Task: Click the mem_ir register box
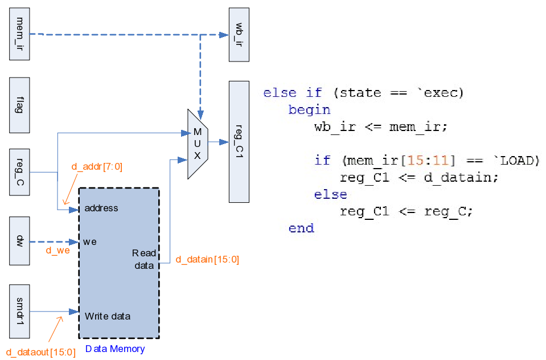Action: [20, 34]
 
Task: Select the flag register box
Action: [20, 106]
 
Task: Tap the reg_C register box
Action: [20, 172]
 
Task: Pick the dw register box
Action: [20, 241]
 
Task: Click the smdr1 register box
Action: [20, 311]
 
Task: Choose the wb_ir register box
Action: [239, 34]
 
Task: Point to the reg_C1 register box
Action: [239, 141]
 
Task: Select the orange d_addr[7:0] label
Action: [97, 167]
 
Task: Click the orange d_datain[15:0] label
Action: [207, 260]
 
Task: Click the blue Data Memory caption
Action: [115, 349]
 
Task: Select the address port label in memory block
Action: [101, 208]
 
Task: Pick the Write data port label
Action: [108, 316]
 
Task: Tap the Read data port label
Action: [143, 259]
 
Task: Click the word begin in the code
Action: [309, 109]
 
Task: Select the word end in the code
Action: [301, 228]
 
